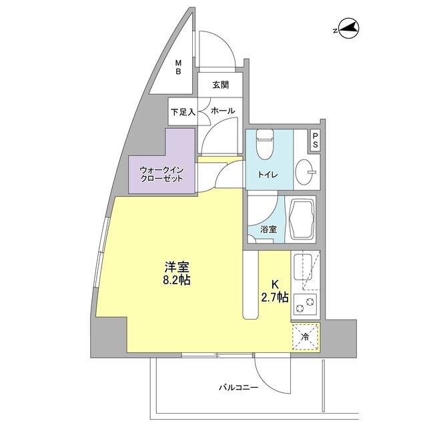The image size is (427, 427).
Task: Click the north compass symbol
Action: (347, 29)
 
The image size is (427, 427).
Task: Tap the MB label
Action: (178, 68)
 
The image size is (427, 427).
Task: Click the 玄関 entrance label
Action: (221, 85)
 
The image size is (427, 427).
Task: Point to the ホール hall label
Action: (221, 112)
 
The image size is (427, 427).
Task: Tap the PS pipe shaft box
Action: (315, 141)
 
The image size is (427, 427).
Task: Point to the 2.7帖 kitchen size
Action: (275, 297)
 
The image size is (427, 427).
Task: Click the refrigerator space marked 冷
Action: (305, 336)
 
